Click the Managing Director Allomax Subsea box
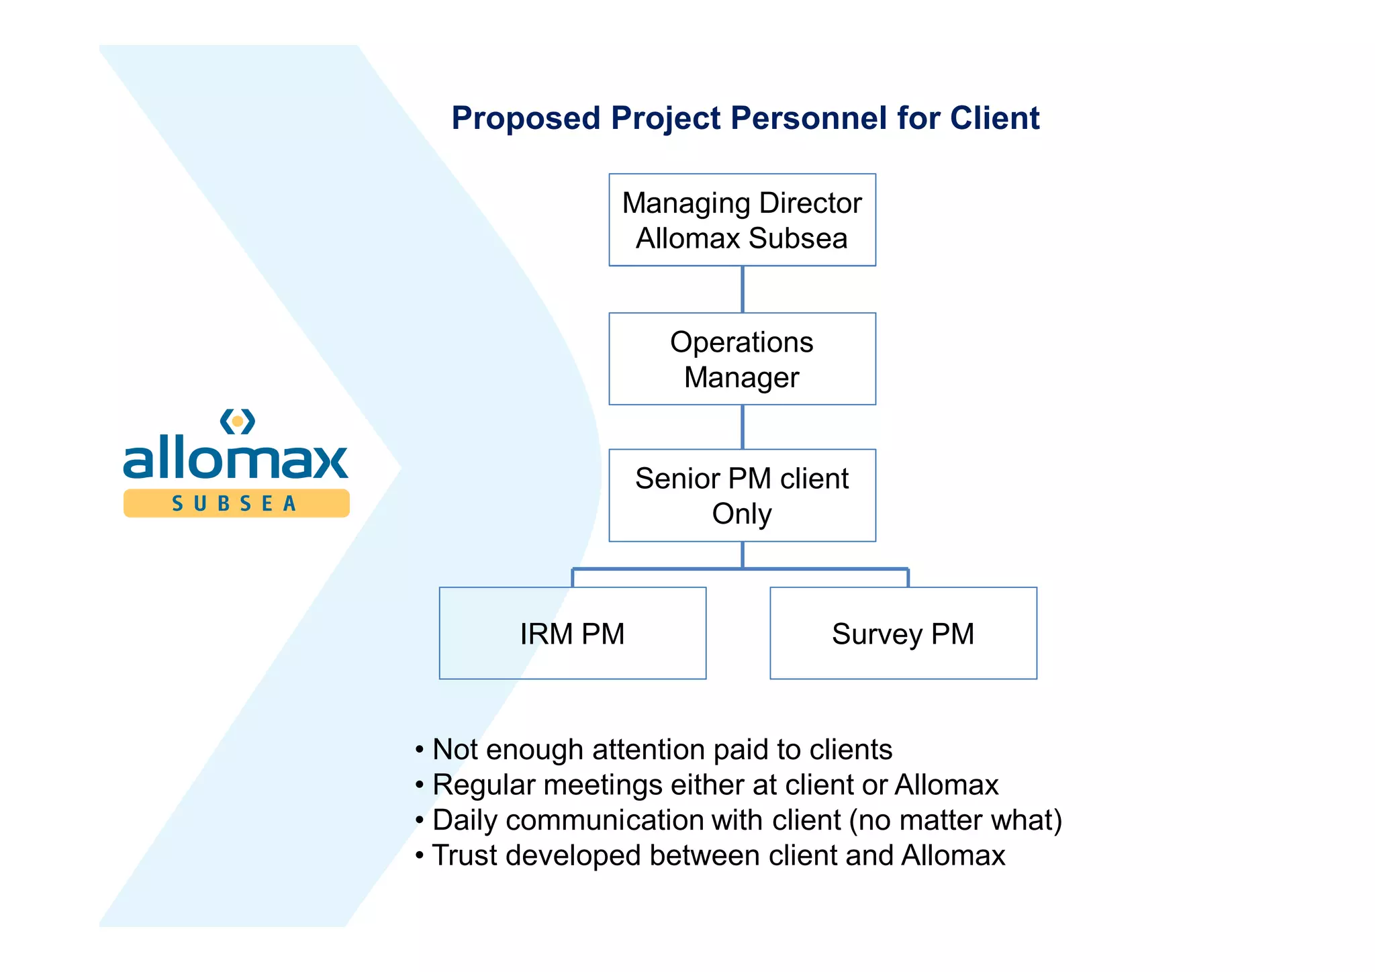coord(742,220)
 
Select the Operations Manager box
coord(742,359)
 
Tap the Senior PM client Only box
coord(742,495)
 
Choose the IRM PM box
coord(572,634)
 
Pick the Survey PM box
coord(903,634)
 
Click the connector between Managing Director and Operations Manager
coord(742,289)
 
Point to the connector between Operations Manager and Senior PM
coord(742,427)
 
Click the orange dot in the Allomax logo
coord(238,422)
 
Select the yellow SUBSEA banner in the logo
coord(236,503)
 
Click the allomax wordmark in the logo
coord(236,459)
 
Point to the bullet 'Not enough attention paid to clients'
coord(661,750)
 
